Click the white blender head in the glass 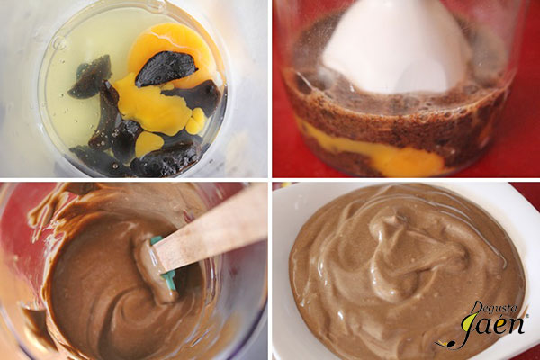click(396, 49)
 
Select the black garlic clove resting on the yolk click(166, 68)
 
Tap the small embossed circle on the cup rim click(60, 45)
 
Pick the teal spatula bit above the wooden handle click(156, 240)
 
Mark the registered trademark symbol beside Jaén click(526, 315)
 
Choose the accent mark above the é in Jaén click(507, 315)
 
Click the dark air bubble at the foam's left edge click(302, 84)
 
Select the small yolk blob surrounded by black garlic click(148, 143)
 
